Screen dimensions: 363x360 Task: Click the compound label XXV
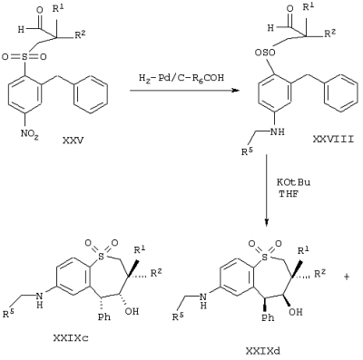pyautogui.click(x=73, y=141)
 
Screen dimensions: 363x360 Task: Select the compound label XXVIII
pyautogui.click(x=333, y=139)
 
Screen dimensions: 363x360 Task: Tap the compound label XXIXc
pyautogui.click(x=71, y=337)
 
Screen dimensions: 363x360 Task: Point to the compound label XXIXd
pyautogui.click(x=262, y=351)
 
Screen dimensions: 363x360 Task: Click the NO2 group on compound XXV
pyautogui.click(x=29, y=133)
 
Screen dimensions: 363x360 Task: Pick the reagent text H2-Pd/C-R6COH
pyautogui.click(x=181, y=78)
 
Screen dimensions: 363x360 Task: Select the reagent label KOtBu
pyautogui.click(x=293, y=182)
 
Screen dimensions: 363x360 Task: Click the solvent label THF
pyautogui.click(x=289, y=194)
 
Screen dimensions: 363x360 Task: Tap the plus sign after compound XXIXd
pyautogui.click(x=347, y=277)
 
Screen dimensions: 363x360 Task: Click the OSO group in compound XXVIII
pyautogui.click(x=265, y=53)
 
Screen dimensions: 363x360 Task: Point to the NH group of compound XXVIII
pyautogui.click(x=279, y=131)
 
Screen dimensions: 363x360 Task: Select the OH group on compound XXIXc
pyautogui.click(x=132, y=311)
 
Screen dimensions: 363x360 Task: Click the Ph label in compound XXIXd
pyautogui.click(x=268, y=317)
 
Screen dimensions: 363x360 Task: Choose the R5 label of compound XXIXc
pyautogui.click(x=9, y=315)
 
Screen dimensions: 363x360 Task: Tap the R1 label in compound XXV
pyautogui.click(x=58, y=9)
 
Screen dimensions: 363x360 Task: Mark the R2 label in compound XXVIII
pyautogui.click(x=329, y=34)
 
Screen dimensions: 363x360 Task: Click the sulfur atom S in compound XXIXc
pyautogui.click(x=101, y=257)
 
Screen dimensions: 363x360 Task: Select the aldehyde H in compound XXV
pyautogui.click(x=21, y=30)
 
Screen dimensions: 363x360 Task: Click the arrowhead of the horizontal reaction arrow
pyautogui.click(x=235, y=90)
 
